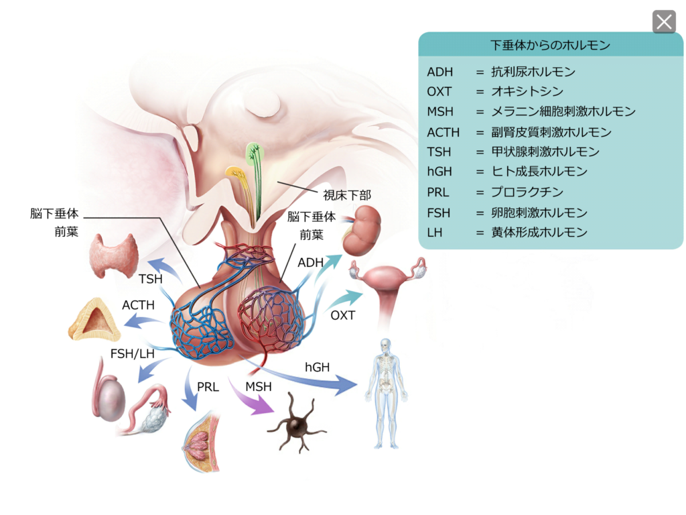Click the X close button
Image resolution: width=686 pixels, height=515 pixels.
pos(664,22)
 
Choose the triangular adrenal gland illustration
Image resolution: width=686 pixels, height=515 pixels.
pos(94,321)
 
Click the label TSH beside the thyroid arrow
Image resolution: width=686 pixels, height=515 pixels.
pos(151,279)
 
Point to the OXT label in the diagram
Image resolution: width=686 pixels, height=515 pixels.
pos(343,315)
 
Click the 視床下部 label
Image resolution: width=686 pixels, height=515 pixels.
pos(346,195)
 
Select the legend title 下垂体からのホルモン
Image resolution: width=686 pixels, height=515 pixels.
pos(550,46)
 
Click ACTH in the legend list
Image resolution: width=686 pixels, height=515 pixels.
pos(443,132)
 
